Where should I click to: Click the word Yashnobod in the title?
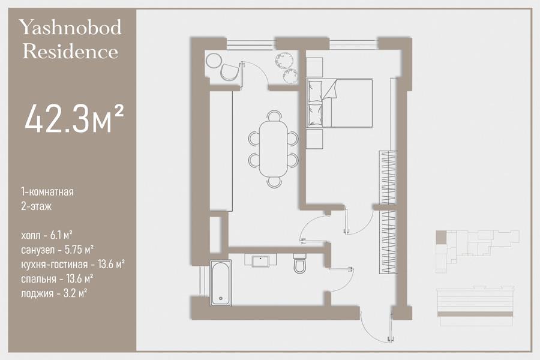pyautogui.click(x=70, y=28)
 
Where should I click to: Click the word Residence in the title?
pyautogui.click(x=70, y=52)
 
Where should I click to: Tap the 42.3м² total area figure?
pyautogui.click(x=74, y=119)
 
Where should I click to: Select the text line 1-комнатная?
pyautogui.click(x=47, y=191)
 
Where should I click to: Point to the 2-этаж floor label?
pyautogui.click(x=36, y=206)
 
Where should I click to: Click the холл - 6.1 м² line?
pyautogui.click(x=46, y=235)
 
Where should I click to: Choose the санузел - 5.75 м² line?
pyautogui.click(x=58, y=250)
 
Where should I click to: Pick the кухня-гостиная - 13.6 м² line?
pyautogui.click(x=73, y=265)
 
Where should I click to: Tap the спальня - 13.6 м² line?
pyautogui.click(x=57, y=278)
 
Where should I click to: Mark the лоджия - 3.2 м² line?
pyautogui.click(x=54, y=293)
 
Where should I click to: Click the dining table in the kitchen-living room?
pyautogui.click(x=274, y=149)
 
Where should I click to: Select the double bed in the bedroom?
pyautogui.click(x=340, y=103)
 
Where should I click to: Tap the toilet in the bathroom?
pyautogui.click(x=299, y=263)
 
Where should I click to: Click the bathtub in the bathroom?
pyautogui.click(x=221, y=283)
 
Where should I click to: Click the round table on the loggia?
pyautogui.click(x=214, y=61)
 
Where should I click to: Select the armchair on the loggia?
pyautogui.click(x=229, y=73)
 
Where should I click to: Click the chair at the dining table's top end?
pyautogui.click(x=274, y=115)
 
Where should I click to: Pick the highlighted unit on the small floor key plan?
pyautogui.click(x=441, y=238)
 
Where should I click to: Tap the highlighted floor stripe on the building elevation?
pyautogui.click(x=475, y=314)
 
